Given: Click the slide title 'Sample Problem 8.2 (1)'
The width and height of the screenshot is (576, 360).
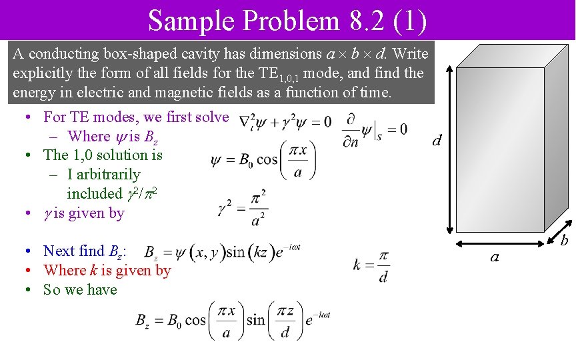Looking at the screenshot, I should pos(287,20).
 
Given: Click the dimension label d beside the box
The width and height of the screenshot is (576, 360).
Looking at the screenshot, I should pos(437,141).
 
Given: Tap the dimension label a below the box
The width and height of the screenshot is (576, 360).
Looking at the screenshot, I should pos(494,256).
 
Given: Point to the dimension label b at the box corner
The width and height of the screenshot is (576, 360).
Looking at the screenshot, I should pos(563,239).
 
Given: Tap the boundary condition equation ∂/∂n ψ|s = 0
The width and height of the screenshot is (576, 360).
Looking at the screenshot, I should pos(375,127).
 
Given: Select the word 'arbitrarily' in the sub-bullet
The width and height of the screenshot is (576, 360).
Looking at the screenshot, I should pos(104,175).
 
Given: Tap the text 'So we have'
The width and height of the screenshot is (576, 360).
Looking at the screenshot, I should pos(80,289).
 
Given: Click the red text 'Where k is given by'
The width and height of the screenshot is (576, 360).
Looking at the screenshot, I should pos(107,271).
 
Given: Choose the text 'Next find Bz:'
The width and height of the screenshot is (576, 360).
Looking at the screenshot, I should pos(85,251).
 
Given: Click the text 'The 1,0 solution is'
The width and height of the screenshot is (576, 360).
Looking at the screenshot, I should pos(103,155).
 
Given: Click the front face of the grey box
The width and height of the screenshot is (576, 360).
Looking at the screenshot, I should pos(496,147).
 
